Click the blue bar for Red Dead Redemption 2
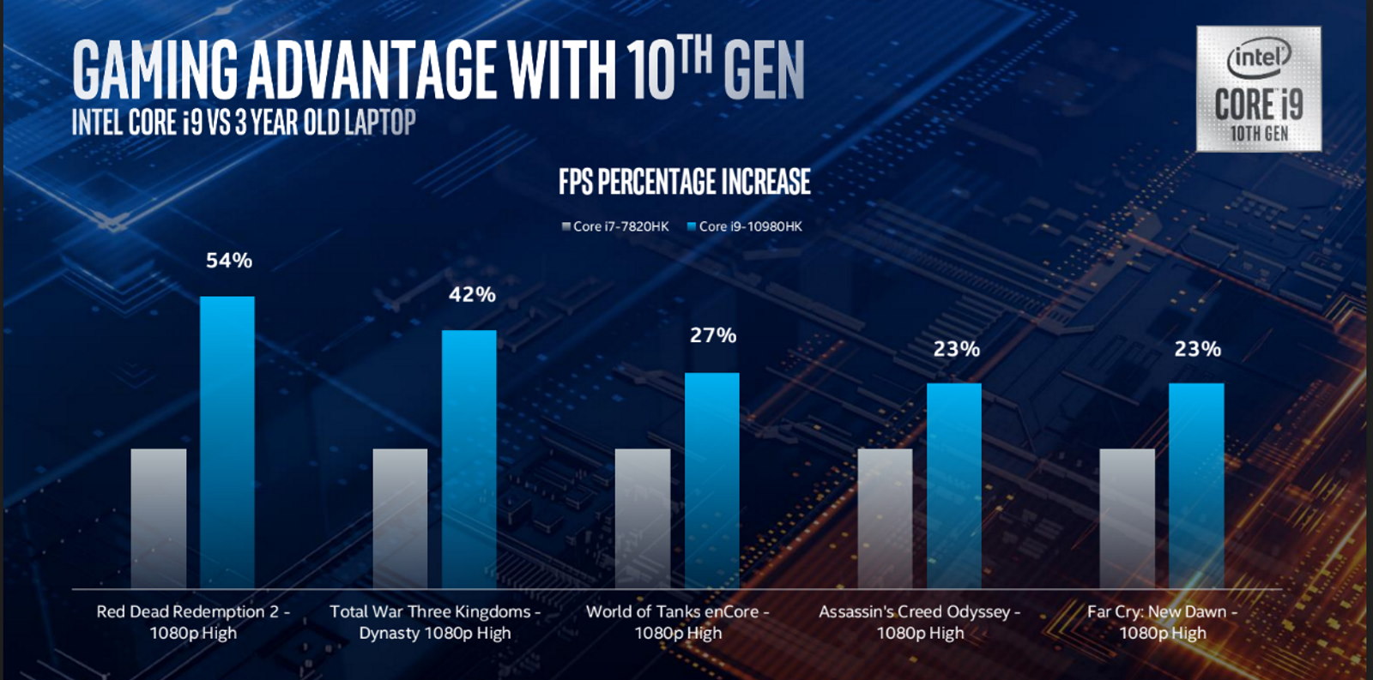tap(227, 442)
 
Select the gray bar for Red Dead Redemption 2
tap(159, 518)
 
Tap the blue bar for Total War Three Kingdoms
tap(469, 459)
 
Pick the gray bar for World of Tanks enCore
tap(643, 518)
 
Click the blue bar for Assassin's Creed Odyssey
tap(954, 485)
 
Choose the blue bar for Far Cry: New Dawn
tap(1196, 485)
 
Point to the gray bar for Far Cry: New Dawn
tap(1128, 518)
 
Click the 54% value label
tap(229, 261)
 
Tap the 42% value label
tap(472, 295)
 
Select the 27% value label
tap(713, 335)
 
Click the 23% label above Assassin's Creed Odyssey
tap(957, 349)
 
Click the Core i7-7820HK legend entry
tap(615, 226)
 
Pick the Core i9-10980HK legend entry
tap(745, 226)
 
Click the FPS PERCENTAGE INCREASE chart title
tap(685, 182)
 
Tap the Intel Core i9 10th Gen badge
tap(1259, 89)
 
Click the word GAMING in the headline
tap(154, 70)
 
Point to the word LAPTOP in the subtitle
tap(380, 123)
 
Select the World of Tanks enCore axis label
tap(678, 623)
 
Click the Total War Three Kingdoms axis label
tap(435, 623)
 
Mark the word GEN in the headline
tap(764, 70)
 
